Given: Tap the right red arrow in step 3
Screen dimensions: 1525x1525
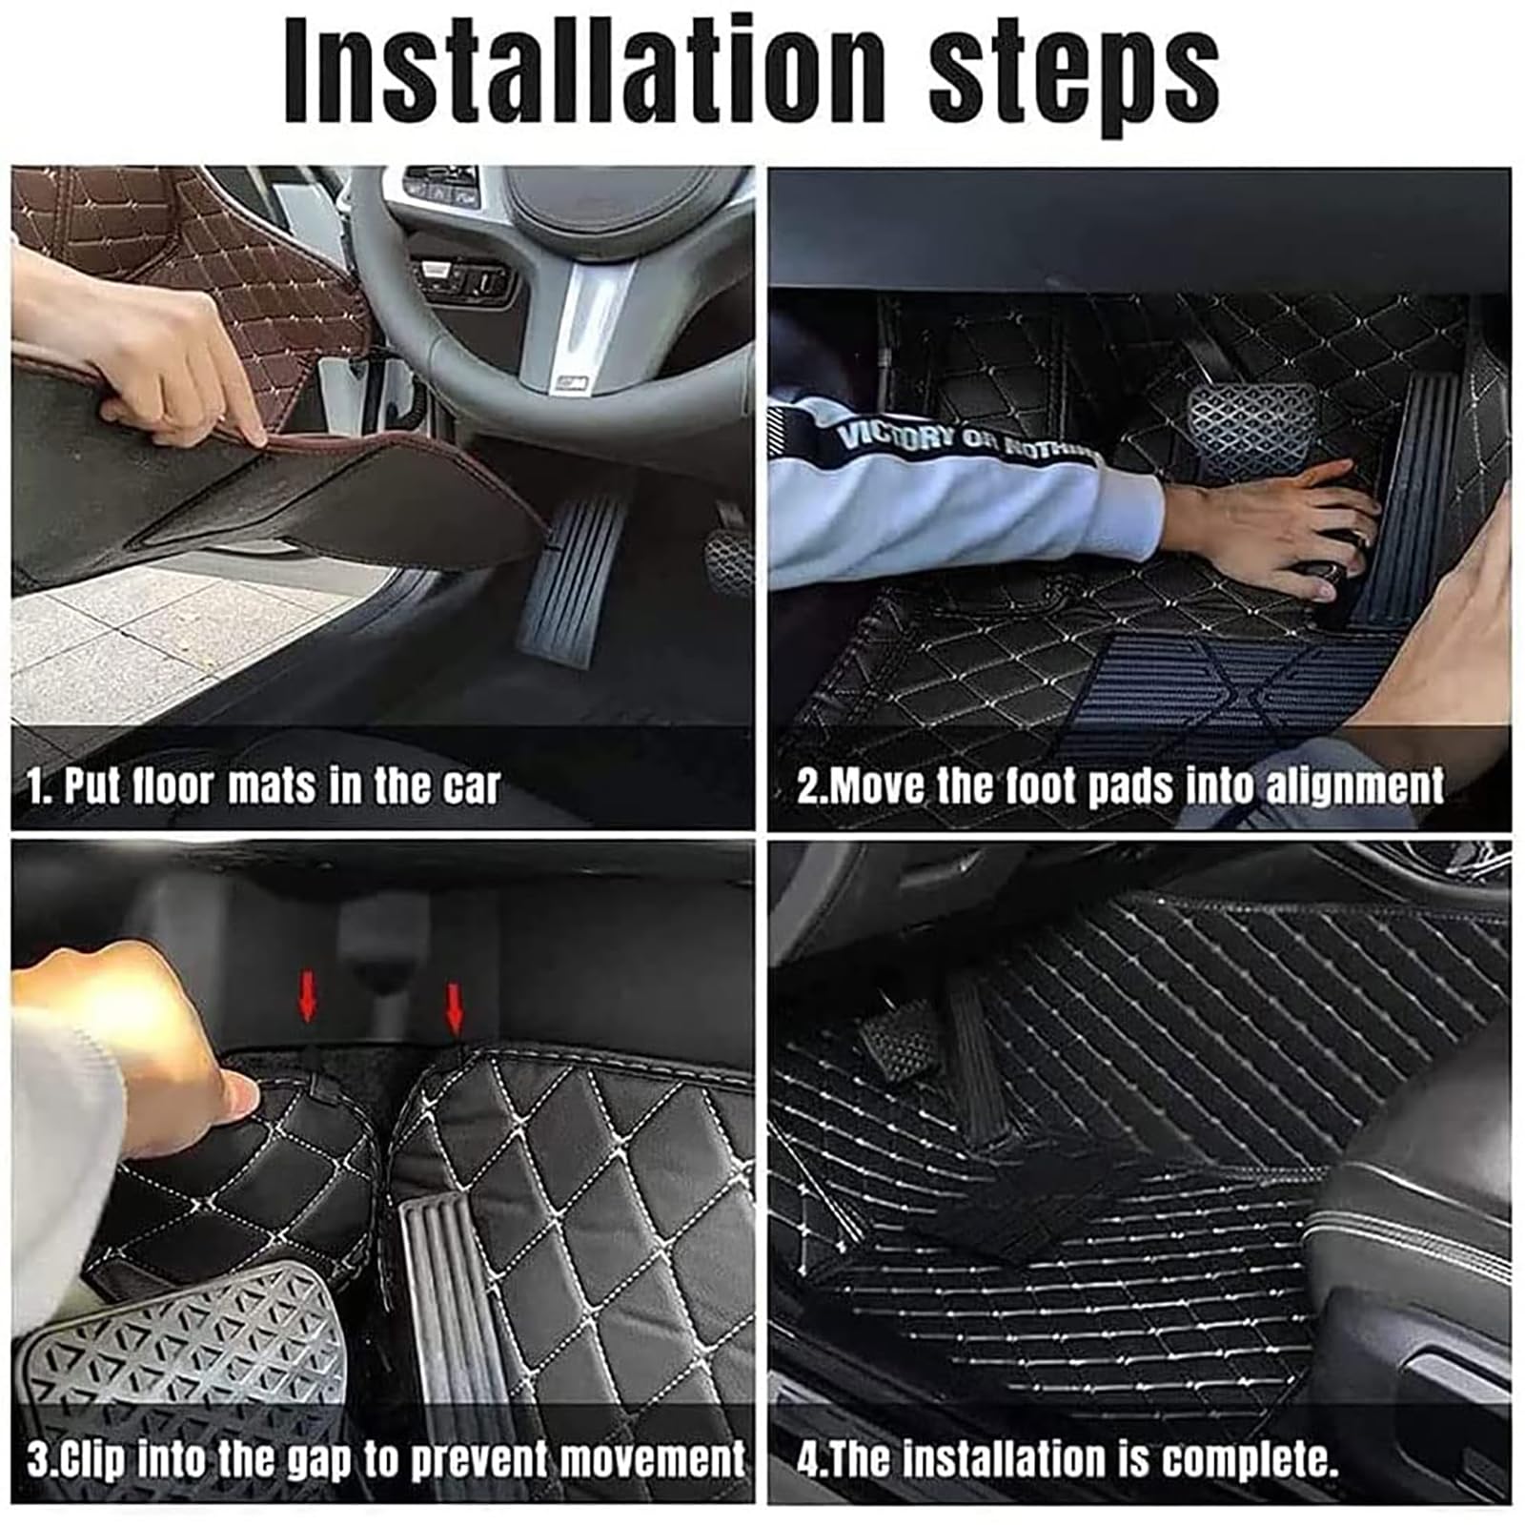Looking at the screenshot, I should [x=455, y=1009].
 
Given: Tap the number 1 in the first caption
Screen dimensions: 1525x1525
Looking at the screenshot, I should [x=36, y=787].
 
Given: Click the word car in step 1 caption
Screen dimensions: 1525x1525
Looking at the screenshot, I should [x=469, y=787].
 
